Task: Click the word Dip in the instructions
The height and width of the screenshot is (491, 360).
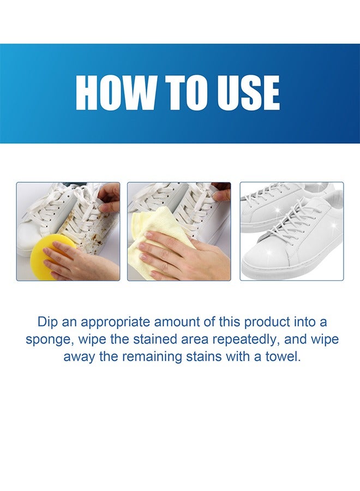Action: pyautogui.click(x=48, y=321)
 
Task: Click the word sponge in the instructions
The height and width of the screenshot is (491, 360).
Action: pyautogui.click(x=48, y=339)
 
